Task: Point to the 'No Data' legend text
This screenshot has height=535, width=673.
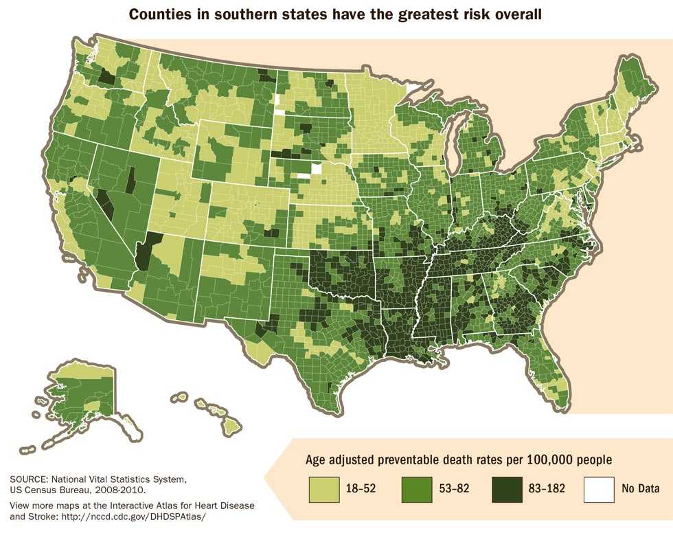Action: [640, 489]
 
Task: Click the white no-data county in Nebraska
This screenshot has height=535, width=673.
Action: [316, 169]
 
